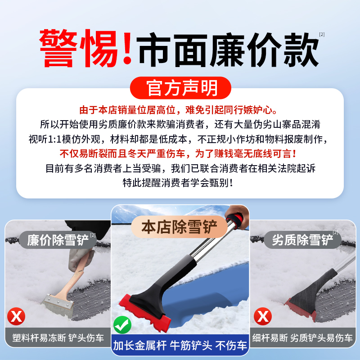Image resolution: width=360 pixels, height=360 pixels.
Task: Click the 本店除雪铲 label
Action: click(180, 227)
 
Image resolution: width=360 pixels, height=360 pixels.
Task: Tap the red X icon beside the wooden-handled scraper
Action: click(17, 316)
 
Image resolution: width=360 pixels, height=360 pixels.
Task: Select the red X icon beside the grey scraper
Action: click(262, 316)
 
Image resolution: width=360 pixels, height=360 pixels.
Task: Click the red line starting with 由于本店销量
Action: click(180, 110)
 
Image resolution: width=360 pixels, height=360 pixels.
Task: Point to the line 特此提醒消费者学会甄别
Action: click(180, 183)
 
